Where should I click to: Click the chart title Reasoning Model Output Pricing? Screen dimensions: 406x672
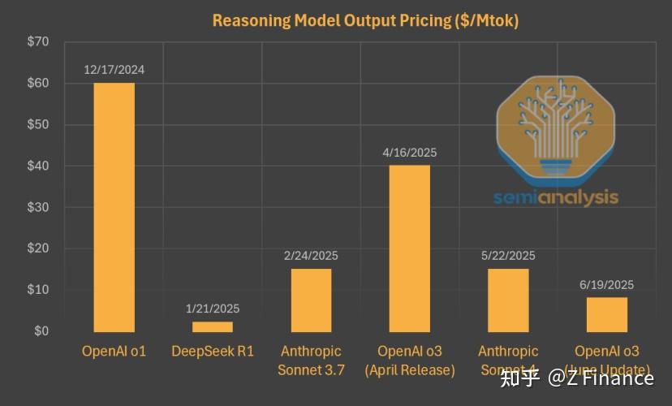point(365,20)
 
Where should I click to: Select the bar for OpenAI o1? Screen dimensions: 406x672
point(114,207)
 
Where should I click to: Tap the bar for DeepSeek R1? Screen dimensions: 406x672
point(213,326)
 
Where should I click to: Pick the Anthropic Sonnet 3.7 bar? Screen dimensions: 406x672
point(311,300)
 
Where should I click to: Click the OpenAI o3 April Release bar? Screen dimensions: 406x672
point(410,248)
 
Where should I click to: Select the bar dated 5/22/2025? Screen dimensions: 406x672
point(508,300)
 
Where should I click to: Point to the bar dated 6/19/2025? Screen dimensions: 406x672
point(607,314)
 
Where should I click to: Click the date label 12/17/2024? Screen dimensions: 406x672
point(114,70)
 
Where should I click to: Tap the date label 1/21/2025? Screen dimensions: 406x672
point(213,309)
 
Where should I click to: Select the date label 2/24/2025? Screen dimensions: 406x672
point(311,256)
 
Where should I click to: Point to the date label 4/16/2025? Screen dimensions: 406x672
point(410,153)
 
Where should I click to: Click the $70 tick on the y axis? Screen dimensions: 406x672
point(38,42)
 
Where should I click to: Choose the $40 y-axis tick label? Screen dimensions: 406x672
point(38,166)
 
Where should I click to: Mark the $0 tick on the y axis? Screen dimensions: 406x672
point(41,331)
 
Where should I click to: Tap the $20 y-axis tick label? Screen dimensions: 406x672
point(38,248)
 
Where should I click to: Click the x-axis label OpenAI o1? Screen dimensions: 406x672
point(114,352)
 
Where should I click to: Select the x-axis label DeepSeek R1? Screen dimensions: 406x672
point(213,352)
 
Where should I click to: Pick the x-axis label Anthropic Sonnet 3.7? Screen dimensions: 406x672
point(312,361)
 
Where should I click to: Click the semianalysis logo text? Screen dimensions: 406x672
point(556,197)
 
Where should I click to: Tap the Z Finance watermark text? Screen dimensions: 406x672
point(601,378)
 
